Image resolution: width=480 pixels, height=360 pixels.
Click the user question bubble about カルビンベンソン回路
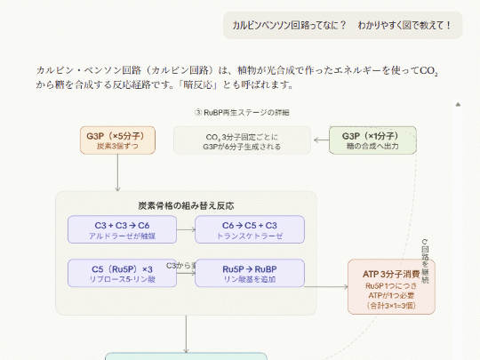pyautogui.click(x=342, y=26)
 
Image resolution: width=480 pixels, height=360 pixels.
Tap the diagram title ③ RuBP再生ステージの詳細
pyautogui.click(x=241, y=113)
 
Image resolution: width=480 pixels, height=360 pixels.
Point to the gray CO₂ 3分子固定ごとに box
pyautogui.click(x=242, y=140)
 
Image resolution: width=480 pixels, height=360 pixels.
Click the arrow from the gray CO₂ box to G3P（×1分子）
pyautogui.click(x=320, y=140)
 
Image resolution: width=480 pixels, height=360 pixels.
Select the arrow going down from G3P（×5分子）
pyautogui.click(x=118, y=172)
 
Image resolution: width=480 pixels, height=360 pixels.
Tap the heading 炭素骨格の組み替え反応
pyautogui.click(x=186, y=204)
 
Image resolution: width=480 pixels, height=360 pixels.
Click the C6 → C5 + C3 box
pyautogui.click(x=250, y=229)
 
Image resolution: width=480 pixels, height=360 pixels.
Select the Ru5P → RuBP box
pyautogui.click(x=250, y=273)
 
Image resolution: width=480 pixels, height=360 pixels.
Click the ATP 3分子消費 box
pyautogui.click(x=391, y=286)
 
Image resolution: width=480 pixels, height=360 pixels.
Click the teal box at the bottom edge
pyautogui.click(x=186, y=356)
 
